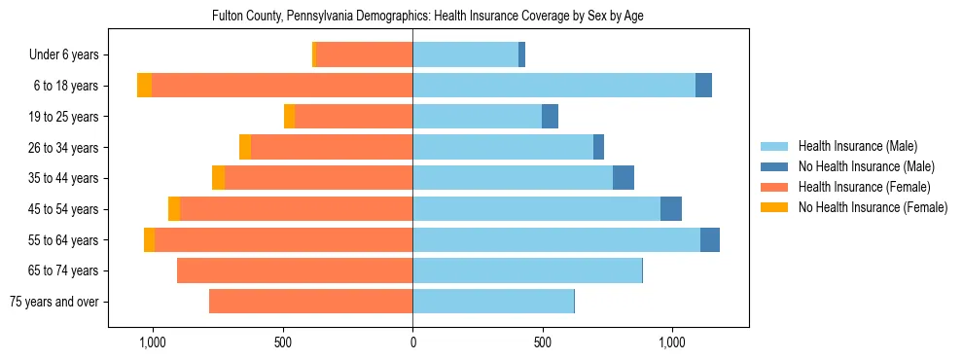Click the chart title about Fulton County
[x=427, y=17]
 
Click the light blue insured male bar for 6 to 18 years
[x=553, y=86]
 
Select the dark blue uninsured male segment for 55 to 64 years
[x=709, y=240]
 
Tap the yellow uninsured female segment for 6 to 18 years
[x=144, y=86]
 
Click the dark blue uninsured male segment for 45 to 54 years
[x=671, y=209]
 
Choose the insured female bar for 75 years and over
[x=310, y=302]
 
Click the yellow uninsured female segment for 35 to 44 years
[x=218, y=178]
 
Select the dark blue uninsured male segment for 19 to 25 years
[x=550, y=117]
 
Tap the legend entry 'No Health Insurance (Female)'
[x=873, y=207]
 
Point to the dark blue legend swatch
[x=774, y=167]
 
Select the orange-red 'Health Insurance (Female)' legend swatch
[x=774, y=187]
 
